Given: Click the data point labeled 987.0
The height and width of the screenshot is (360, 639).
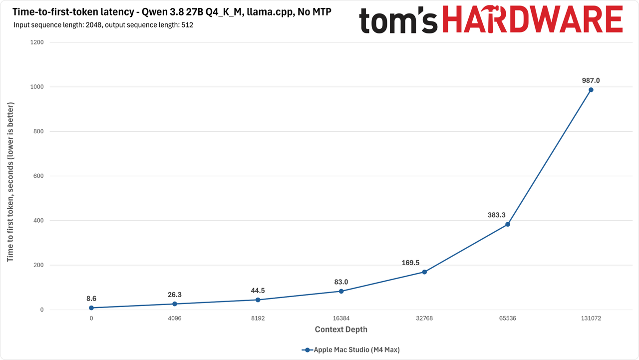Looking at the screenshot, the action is [591, 90].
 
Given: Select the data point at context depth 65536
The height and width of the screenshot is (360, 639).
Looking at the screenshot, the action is [508, 225].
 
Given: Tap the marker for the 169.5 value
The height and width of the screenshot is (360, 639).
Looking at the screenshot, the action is [424, 272].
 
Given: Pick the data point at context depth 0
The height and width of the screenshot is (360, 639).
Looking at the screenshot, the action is [91, 308].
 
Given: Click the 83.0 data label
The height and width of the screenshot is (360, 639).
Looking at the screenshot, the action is [341, 282].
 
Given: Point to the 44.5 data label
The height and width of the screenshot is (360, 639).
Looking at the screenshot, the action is [258, 291].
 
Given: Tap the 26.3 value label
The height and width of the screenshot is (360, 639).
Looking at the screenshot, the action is [175, 295].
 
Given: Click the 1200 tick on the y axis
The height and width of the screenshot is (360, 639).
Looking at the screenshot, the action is [37, 42].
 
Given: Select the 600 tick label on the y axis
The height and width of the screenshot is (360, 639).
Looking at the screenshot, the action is [38, 176].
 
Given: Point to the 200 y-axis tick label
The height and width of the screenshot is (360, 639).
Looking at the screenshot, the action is [38, 265].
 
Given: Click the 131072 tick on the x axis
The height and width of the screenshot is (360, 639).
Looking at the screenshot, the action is [591, 319].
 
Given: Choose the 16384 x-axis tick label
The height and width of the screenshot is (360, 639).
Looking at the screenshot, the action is [341, 319].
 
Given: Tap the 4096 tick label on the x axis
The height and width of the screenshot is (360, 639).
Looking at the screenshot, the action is [175, 319].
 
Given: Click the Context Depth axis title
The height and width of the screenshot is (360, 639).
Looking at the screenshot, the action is [341, 330].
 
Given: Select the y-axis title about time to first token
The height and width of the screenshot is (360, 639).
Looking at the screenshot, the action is [10, 182].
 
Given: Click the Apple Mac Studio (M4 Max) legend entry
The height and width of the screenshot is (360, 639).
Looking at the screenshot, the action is [350, 350].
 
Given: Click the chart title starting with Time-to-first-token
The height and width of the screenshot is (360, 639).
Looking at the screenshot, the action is [172, 12].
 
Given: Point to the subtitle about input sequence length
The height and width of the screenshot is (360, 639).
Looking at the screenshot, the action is [103, 25].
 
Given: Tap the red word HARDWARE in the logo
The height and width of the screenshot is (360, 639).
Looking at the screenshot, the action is [533, 19].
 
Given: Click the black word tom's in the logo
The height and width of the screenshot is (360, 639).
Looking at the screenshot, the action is [398, 20].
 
